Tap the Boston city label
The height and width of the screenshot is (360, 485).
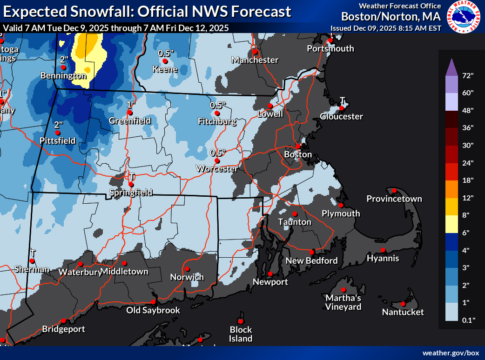(298, 154)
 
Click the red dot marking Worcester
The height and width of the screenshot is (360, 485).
(217, 160)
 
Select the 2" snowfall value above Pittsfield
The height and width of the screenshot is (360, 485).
(58, 125)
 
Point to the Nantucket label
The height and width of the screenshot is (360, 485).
(403, 312)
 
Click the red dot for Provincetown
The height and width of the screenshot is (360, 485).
(394, 190)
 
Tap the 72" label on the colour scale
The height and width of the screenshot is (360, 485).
(467, 75)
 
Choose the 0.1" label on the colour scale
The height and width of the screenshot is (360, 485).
(467, 320)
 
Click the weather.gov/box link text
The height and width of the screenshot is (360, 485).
(451, 353)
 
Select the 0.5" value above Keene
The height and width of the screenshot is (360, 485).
(164, 53)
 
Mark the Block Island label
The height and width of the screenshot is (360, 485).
(241, 334)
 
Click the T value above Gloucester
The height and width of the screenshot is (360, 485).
(342, 100)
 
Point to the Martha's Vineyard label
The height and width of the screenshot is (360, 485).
(343, 302)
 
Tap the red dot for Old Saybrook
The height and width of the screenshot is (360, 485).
(153, 302)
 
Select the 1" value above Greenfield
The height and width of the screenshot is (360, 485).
(130, 104)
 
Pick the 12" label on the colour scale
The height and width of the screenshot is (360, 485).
(467, 197)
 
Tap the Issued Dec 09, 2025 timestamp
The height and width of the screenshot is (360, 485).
(386, 28)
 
